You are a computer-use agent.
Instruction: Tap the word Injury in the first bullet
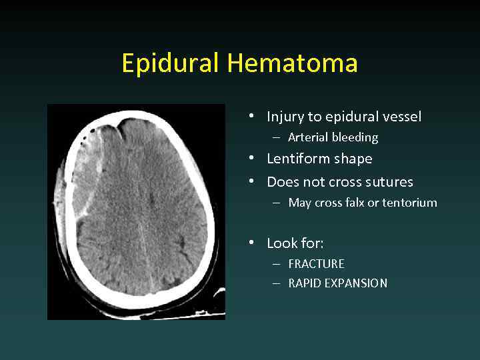[x=285, y=117]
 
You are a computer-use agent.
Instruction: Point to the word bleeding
[x=357, y=137]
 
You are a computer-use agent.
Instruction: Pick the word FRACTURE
[x=316, y=264]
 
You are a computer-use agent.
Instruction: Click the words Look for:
[x=295, y=243]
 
